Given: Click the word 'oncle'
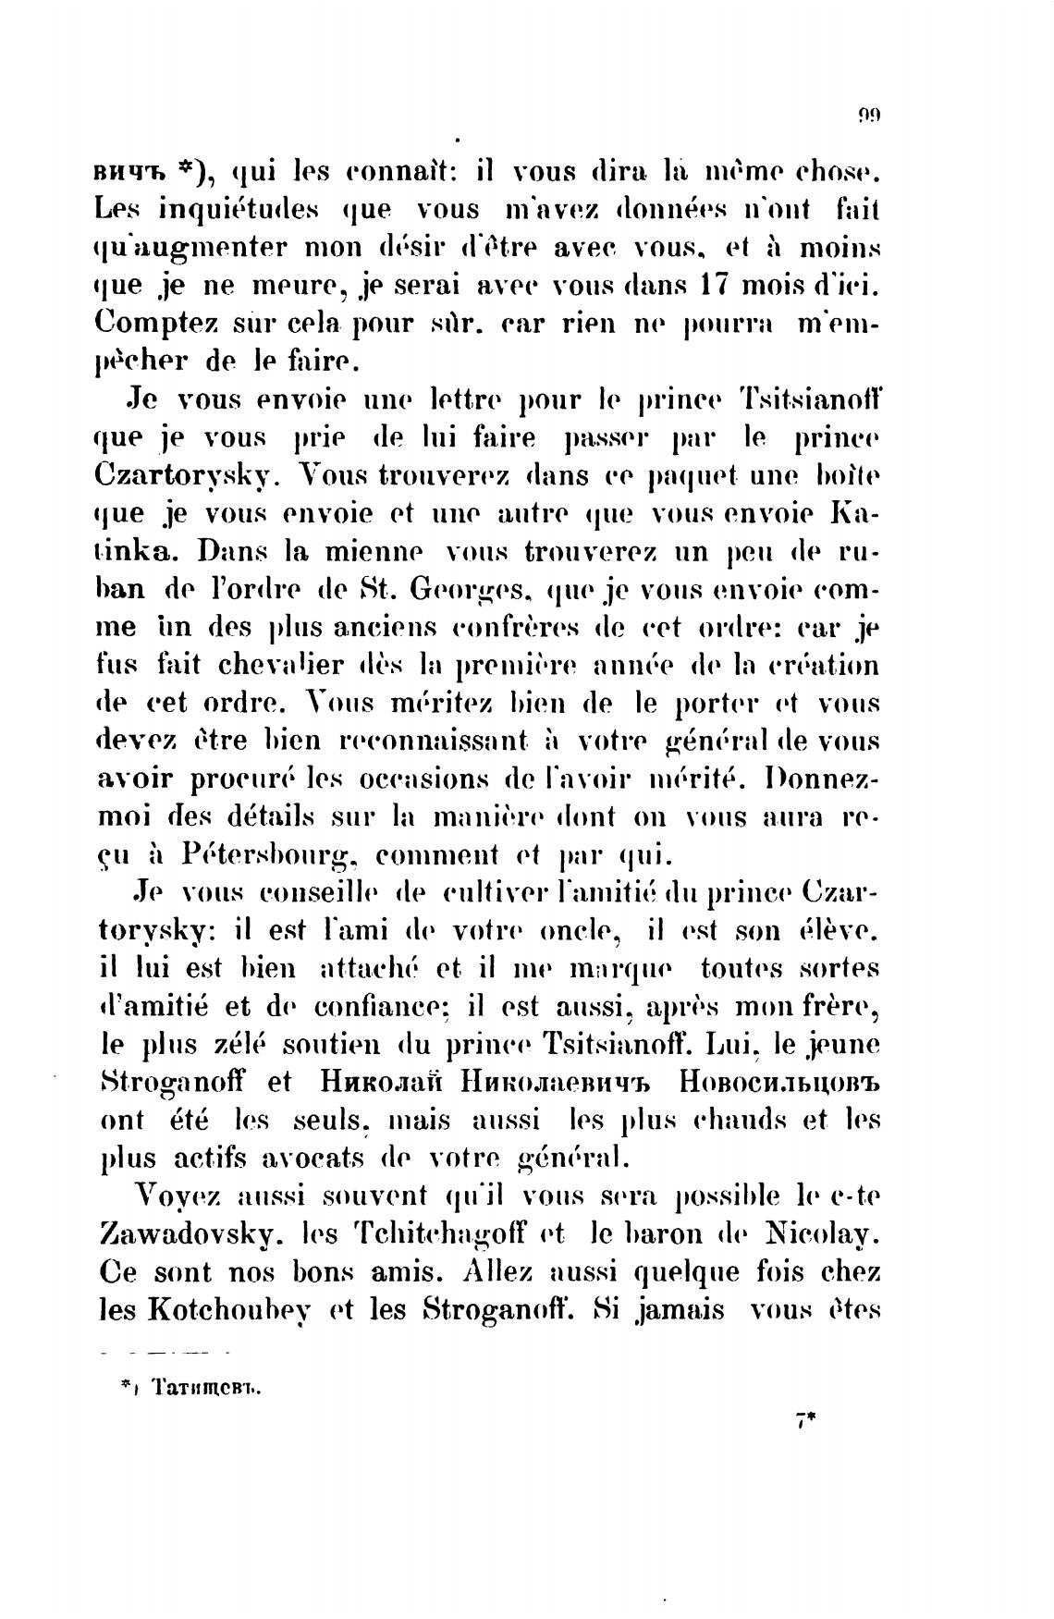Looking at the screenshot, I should point(578,930).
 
